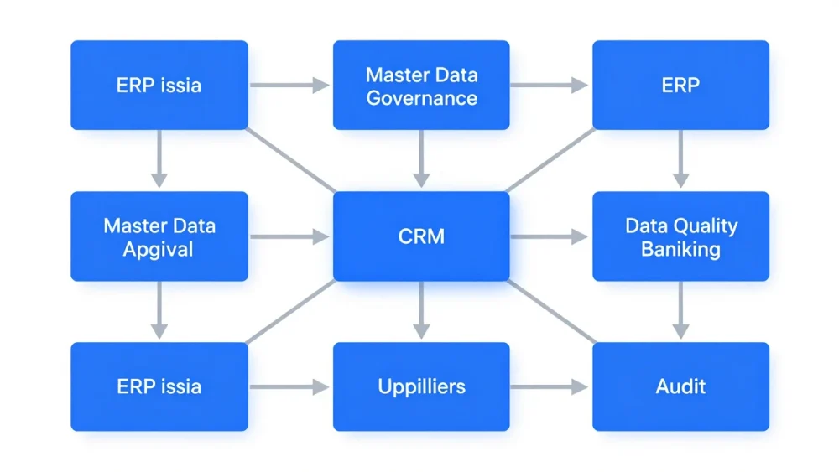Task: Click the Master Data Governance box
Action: [421, 85]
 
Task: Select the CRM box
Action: [421, 236]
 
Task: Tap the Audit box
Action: [680, 386]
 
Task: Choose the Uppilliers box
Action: [421, 386]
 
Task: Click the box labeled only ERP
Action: [680, 85]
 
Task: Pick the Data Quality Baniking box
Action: [680, 236]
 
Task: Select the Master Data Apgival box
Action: [159, 236]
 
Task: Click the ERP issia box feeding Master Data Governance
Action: [159, 85]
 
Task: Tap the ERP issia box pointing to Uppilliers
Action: [159, 386]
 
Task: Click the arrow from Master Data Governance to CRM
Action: [421, 158]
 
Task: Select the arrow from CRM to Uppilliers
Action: [421, 310]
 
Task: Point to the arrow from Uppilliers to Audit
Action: [549, 386]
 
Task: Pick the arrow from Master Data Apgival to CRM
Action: [289, 236]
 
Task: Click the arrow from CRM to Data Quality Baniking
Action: [549, 236]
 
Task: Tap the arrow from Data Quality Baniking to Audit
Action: [680, 310]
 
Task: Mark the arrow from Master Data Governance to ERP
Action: [549, 85]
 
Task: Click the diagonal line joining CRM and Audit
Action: [552, 311]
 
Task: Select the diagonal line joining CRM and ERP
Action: [550, 160]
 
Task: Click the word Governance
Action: [422, 98]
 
